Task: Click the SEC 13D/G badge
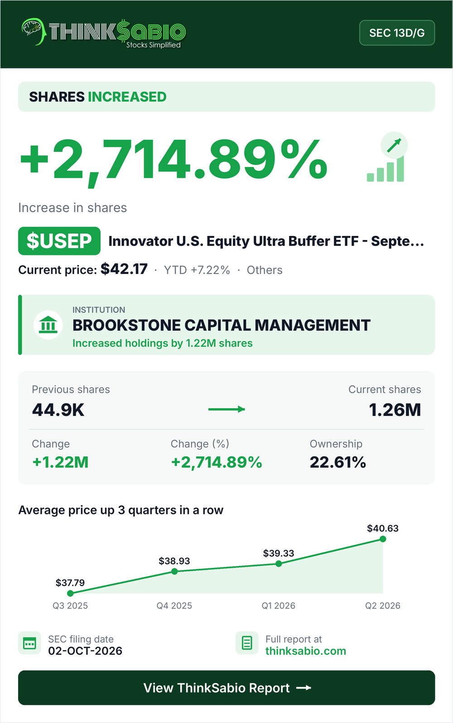(x=397, y=33)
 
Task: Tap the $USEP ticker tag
(x=59, y=241)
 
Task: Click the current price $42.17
(x=124, y=269)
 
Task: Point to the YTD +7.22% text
(x=197, y=270)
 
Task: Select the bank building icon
(x=48, y=325)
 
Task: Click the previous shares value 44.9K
(x=58, y=410)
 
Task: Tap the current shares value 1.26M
(x=395, y=410)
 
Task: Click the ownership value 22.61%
(x=337, y=462)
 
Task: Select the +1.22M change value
(x=60, y=462)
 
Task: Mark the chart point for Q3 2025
(x=70, y=593)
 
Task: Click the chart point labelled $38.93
(x=174, y=572)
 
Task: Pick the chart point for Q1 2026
(x=279, y=563)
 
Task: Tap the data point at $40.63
(x=383, y=539)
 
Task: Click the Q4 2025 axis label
(x=174, y=606)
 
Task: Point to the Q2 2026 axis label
(x=383, y=606)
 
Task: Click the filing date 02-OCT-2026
(x=85, y=651)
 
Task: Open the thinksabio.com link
(x=306, y=651)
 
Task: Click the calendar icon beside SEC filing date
(x=29, y=643)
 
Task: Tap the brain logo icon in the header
(x=33, y=31)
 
